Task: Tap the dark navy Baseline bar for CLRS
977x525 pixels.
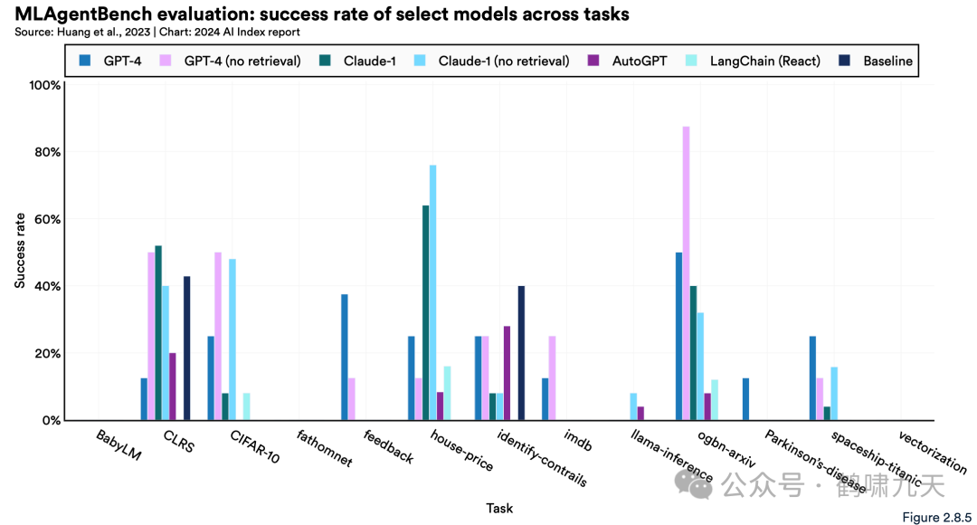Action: [x=187, y=348]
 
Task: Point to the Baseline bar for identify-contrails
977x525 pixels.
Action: [x=521, y=353]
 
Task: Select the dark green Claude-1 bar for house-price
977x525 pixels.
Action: [x=425, y=312]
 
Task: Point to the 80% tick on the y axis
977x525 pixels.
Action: [x=46, y=152]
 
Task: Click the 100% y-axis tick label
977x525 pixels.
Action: [x=44, y=85]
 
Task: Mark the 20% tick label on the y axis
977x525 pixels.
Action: [x=46, y=353]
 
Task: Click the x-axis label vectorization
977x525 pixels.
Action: [x=933, y=453]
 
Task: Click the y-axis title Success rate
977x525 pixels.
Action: [x=20, y=252]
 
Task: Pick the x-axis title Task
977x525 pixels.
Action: [x=499, y=509]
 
